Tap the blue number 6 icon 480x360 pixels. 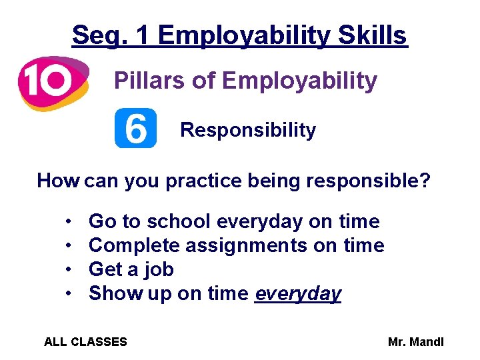tap(135, 128)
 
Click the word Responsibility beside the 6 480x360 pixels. tap(248, 130)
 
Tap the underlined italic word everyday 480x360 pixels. tap(298, 294)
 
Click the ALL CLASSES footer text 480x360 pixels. tap(85, 342)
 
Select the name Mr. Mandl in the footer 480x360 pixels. tap(415, 342)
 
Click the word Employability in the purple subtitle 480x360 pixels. tap(299, 81)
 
